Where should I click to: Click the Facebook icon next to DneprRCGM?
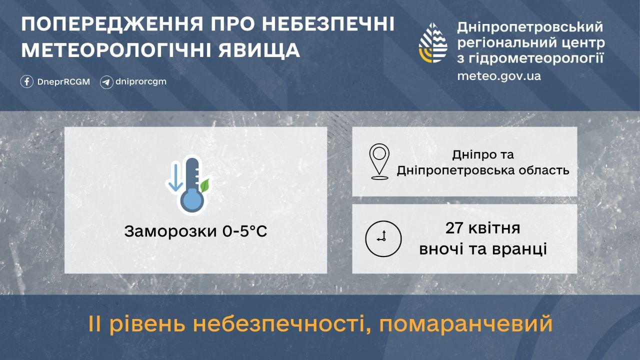click(27, 81)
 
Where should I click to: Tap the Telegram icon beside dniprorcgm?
click(106, 82)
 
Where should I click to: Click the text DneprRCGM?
click(63, 82)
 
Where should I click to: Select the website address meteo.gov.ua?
click(498, 76)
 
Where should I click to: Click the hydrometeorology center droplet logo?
click(433, 42)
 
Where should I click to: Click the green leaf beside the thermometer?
click(204, 185)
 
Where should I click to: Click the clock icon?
click(383, 238)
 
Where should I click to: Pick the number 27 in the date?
click(454, 229)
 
